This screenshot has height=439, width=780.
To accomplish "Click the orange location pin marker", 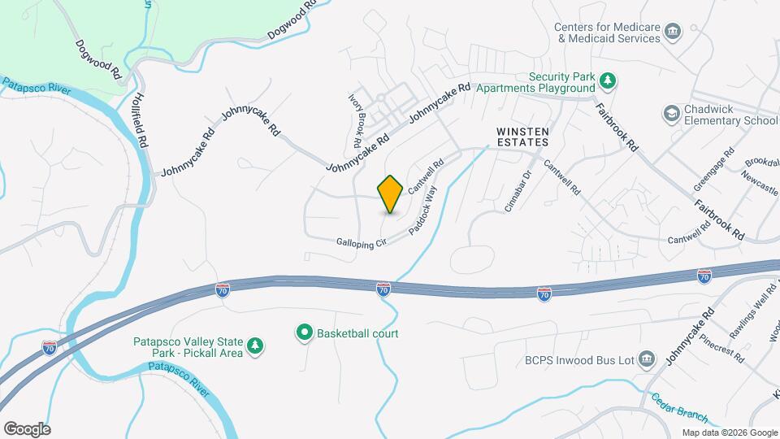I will pos(391,193).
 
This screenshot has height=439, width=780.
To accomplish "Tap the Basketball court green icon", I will pos(305,333).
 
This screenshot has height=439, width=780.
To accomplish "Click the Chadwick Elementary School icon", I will pos(671,111).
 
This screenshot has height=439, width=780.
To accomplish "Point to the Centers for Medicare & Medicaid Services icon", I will pos(673,33).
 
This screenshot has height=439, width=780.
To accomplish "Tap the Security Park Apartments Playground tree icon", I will pos(607,81).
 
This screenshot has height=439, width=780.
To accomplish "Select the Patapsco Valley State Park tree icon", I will pos(255,346).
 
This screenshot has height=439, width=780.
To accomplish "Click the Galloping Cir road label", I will pos(360,241).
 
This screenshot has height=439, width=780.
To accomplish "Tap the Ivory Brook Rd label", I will pos(355,120).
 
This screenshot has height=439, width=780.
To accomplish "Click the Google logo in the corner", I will pos(27,429).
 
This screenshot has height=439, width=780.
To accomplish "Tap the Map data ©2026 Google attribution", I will pos(729,432).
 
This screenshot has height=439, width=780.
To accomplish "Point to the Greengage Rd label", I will pos(713,169).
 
